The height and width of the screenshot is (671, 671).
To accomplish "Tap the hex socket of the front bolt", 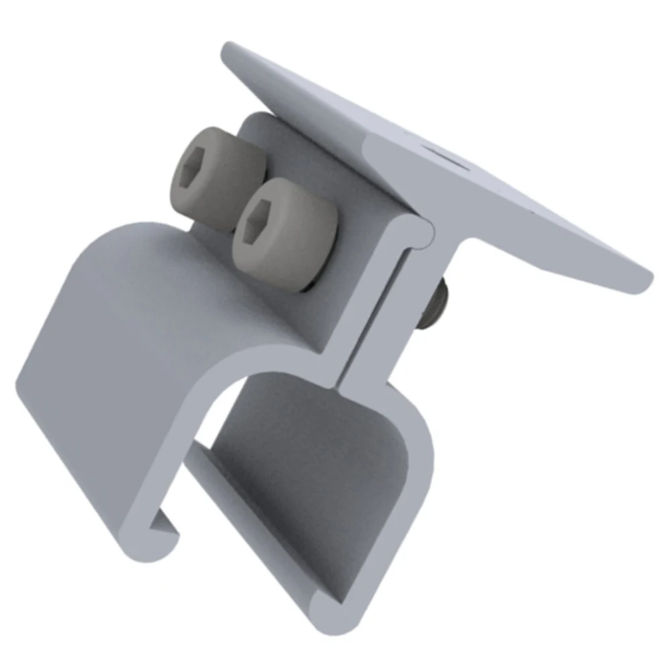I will (x=257, y=220).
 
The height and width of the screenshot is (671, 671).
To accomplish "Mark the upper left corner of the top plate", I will (x=227, y=47).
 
